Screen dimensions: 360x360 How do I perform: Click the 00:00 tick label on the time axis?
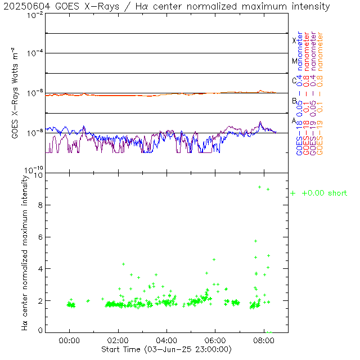coord(69,340)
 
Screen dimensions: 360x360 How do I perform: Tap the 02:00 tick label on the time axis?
coord(118,340)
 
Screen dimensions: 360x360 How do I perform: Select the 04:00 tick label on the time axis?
coord(167,340)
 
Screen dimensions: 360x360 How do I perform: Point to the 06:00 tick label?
coord(216,340)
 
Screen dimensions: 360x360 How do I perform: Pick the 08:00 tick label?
coord(265,340)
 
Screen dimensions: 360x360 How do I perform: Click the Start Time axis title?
coord(166,349)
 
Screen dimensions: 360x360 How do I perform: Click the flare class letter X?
coord(294,41)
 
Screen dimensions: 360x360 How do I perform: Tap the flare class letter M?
coord(294,61)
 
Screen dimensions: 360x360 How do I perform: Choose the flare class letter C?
coord(294,80)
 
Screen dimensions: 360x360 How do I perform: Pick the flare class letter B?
coord(294,101)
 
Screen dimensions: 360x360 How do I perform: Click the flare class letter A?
coord(294,120)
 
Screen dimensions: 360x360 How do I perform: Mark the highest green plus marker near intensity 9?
coord(259,187)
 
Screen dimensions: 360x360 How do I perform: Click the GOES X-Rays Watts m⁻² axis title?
coord(17,93)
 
